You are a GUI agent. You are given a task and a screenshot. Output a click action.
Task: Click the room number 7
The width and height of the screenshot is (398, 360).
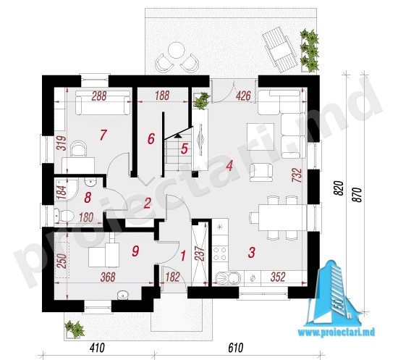coord(103,135)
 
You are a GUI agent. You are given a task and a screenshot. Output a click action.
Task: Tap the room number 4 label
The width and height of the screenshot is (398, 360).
coord(229,166)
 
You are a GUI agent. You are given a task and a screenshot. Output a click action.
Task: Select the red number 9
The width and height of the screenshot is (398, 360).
coord(135,251)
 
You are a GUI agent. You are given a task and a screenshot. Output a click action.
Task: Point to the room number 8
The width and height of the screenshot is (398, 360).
coord(88,198)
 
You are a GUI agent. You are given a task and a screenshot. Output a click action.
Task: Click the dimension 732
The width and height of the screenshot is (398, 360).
coord(297,175)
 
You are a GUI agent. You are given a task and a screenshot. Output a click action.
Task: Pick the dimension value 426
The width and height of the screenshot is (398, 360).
coord(243,96)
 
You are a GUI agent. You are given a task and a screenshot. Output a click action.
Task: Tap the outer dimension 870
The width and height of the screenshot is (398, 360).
coord(357,195)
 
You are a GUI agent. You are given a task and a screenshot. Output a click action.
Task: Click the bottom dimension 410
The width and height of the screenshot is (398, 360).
coord(97,348)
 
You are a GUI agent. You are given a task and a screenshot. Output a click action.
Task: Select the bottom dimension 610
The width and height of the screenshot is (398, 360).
coord(236,348)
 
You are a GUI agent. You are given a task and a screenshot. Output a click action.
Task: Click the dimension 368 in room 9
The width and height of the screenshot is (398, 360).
coord(108,277)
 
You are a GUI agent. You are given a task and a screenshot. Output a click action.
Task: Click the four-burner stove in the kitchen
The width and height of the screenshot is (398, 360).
coord(220,254)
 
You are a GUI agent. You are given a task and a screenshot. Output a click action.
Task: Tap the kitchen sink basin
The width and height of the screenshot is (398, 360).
coord(228,278)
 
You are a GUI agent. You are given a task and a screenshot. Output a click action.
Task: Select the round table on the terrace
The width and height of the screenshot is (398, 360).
coord(176,51)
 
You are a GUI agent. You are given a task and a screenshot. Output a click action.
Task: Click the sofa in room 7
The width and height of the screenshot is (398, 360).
coord(103,102)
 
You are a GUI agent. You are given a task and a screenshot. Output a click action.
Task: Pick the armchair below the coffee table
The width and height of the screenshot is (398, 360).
coord(261,172)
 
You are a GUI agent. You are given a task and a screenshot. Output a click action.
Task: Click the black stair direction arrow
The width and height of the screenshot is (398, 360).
coord(178,135)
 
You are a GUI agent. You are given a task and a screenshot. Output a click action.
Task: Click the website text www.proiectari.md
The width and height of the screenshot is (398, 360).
coord(336,332)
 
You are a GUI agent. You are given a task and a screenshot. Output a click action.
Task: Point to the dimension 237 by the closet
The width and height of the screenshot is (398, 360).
coord(200,253)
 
